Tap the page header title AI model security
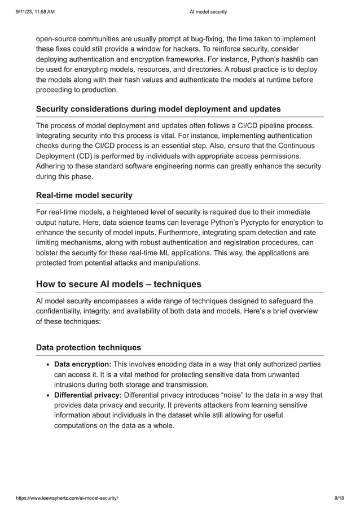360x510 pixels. [208, 11]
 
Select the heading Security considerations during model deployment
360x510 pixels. [158, 108]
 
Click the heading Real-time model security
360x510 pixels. [84, 195]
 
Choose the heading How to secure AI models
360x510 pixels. [118, 284]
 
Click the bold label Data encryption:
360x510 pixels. [82, 364]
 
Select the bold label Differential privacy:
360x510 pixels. [88, 395]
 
